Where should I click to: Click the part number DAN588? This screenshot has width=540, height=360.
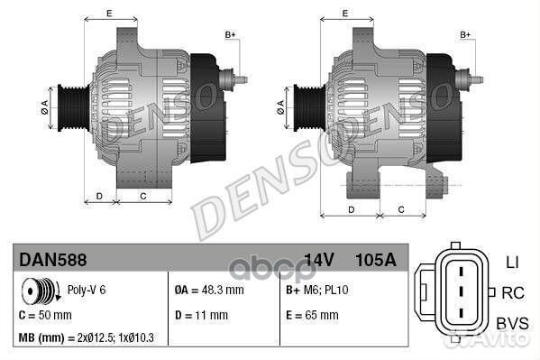tap(53, 260)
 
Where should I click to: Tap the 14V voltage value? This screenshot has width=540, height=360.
tap(319, 260)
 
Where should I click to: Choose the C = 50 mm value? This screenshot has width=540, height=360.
tap(45, 315)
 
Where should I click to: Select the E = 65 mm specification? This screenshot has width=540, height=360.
tap(311, 315)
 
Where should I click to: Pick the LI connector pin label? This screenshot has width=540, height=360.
tap(510, 262)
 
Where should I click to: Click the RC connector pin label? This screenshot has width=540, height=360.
tap(511, 292)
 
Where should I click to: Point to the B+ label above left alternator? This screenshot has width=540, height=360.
tap(230, 34)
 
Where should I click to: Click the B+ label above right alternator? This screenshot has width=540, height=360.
tap(466, 34)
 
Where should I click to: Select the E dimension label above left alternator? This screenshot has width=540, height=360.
tap(109, 13)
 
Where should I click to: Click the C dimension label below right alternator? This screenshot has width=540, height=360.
tap(400, 209)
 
